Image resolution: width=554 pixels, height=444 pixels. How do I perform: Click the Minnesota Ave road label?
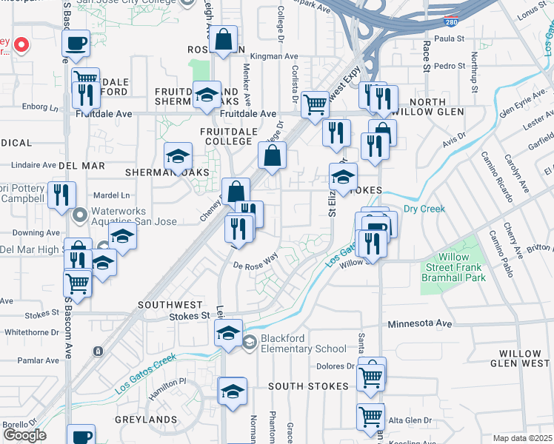[420, 324]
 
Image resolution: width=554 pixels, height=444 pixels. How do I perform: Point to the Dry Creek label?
[424, 209]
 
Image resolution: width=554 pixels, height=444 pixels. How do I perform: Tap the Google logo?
[24, 435]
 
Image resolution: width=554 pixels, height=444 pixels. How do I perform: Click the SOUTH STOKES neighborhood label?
[308, 386]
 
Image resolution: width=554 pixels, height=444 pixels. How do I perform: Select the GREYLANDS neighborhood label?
[144, 419]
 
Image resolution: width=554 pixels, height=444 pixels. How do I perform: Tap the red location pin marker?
[21, 46]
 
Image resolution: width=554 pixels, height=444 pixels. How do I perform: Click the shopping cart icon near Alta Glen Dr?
[370, 416]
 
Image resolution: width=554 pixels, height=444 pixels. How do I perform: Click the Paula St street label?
[450, 38]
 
